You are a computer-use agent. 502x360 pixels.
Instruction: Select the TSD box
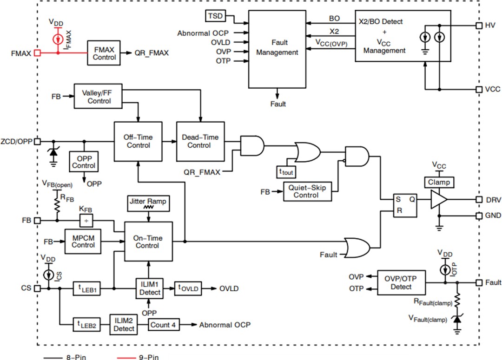(x=215, y=16)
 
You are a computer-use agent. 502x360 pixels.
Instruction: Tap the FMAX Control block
(x=104, y=53)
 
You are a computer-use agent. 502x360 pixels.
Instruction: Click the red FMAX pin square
(x=37, y=53)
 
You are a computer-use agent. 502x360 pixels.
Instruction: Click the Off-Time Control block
(x=138, y=141)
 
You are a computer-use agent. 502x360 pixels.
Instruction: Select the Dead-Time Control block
(x=199, y=141)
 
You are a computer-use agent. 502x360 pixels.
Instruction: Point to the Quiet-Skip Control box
(x=307, y=191)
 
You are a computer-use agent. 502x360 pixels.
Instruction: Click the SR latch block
(x=405, y=205)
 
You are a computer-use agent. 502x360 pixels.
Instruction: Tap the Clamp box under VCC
(x=438, y=182)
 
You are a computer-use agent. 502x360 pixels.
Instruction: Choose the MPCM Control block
(x=83, y=241)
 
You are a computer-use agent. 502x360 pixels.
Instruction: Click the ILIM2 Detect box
(x=124, y=325)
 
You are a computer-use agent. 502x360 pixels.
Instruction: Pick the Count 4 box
(x=164, y=325)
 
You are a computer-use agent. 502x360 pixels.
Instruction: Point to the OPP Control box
(x=84, y=162)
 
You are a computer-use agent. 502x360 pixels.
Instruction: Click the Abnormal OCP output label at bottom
(x=225, y=325)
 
